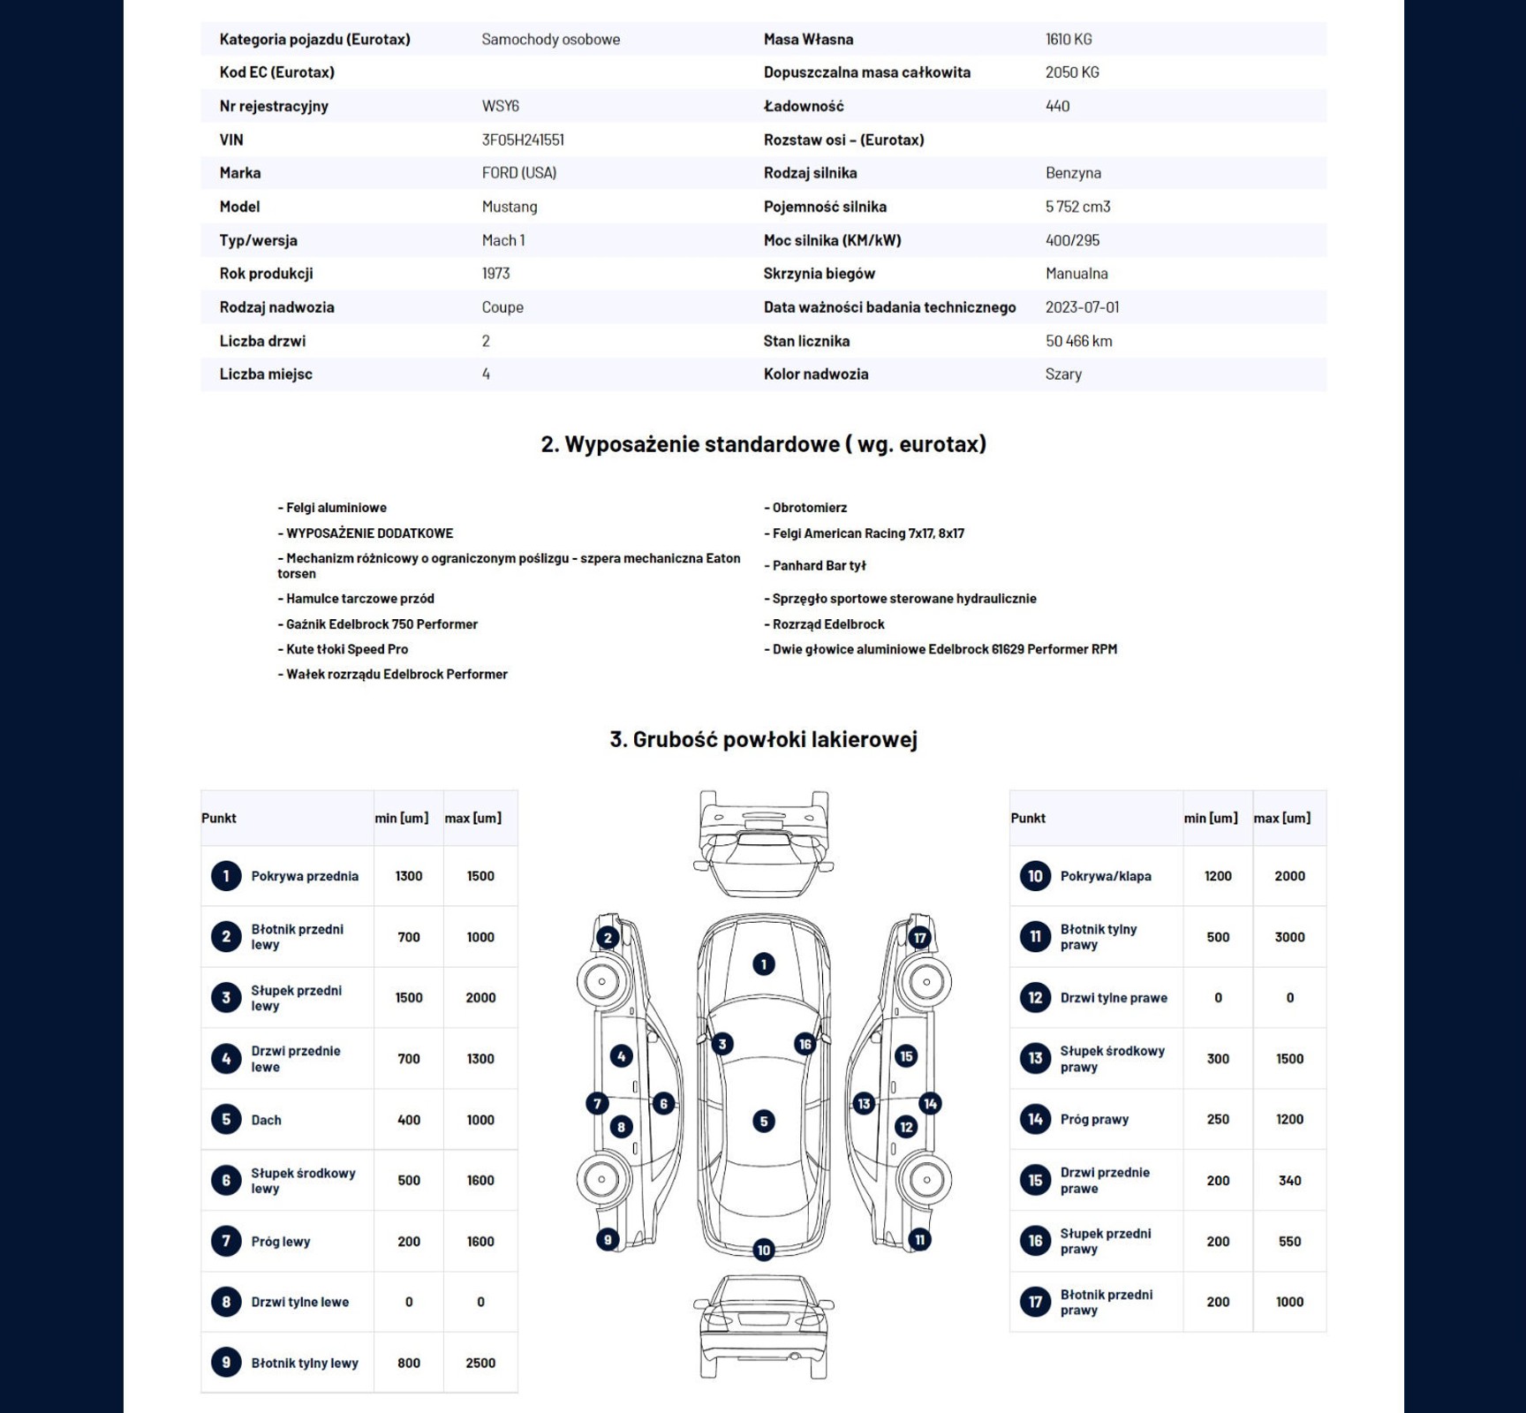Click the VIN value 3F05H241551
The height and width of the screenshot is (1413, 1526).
tap(523, 140)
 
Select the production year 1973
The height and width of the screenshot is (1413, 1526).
tap(495, 274)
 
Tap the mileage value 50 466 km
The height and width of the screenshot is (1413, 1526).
tap(1078, 341)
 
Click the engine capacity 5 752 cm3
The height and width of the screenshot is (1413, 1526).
tap(1077, 207)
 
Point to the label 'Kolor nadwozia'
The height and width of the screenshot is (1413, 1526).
tap(815, 374)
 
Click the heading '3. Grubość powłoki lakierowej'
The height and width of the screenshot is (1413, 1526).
tap(763, 739)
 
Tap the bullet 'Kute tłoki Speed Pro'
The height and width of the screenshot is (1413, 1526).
tap(346, 649)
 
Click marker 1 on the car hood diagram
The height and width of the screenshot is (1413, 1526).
tap(764, 964)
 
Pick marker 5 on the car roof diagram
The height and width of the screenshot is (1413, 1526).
tap(764, 1122)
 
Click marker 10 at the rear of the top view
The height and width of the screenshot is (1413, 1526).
tap(764, 1250)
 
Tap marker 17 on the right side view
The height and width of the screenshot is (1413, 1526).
tap(920, 938)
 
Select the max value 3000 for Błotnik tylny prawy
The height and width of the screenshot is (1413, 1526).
tap(1289, 937)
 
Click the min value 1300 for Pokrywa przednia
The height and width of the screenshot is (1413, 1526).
tap(409, 876)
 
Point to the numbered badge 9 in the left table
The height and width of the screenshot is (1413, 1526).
tap(226, 1363)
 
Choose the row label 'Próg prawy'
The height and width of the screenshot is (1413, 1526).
tap(1094, 1120)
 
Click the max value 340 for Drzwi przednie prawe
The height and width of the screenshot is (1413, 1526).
tap(1289, 1181)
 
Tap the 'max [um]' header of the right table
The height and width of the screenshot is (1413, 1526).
tap(1281, 819)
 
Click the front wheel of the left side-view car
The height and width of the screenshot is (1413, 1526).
tap(602, 981)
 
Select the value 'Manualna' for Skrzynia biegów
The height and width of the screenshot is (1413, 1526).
tap(1077, 274)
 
